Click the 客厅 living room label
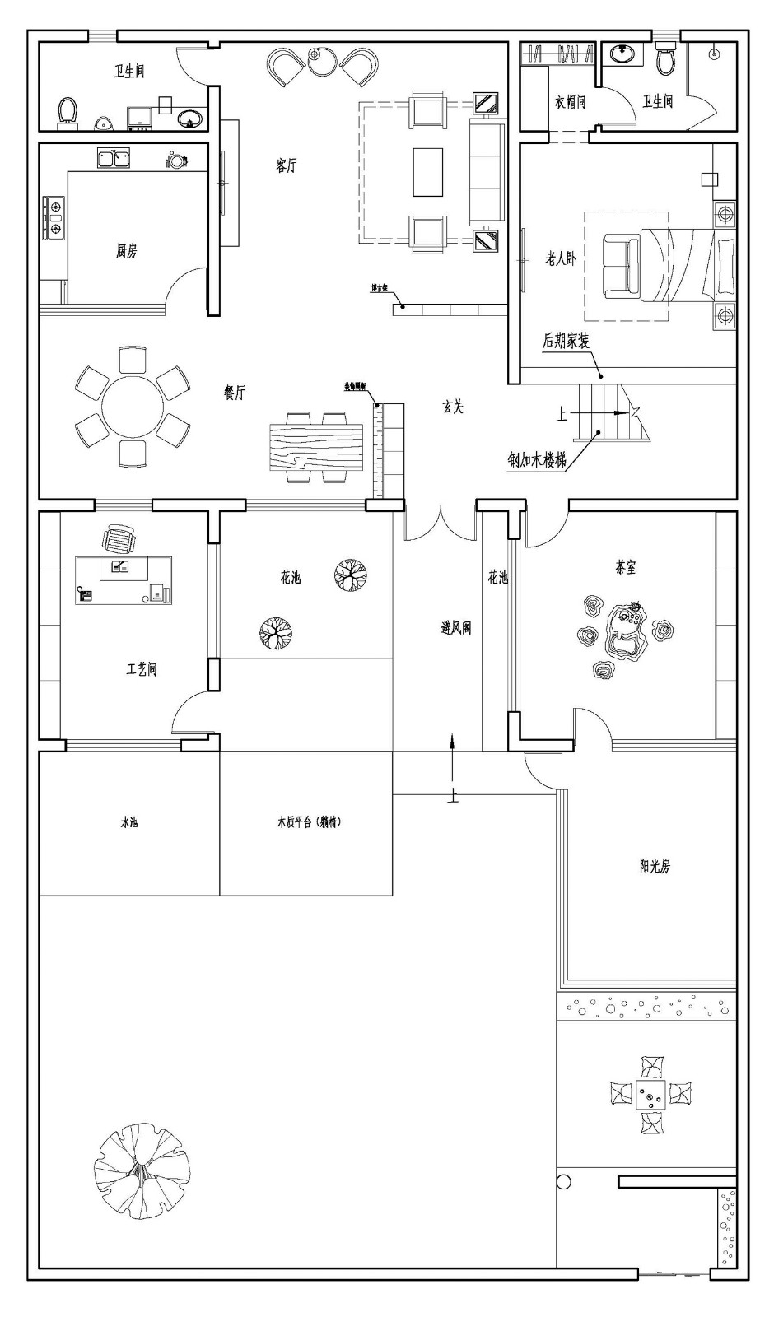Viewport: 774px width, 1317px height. pos(286,166)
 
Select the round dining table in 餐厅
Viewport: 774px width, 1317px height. pos(132,407)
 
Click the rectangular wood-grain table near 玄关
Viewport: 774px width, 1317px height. pos(316,445)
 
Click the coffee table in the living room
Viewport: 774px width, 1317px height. pos(427,172)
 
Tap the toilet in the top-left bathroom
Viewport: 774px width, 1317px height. pos(68,112)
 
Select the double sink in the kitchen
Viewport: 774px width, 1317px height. pos(113,157)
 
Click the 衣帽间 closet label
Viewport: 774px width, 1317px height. pos(569,101)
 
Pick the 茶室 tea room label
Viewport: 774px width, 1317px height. pos(626,567)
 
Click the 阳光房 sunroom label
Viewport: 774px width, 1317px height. pos(655,866)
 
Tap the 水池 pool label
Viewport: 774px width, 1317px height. pos(129,822)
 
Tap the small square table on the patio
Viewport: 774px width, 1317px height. pos(650,1095)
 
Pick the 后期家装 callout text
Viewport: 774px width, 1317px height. pos(566,340)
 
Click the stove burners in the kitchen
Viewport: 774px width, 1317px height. pos(54,216)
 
